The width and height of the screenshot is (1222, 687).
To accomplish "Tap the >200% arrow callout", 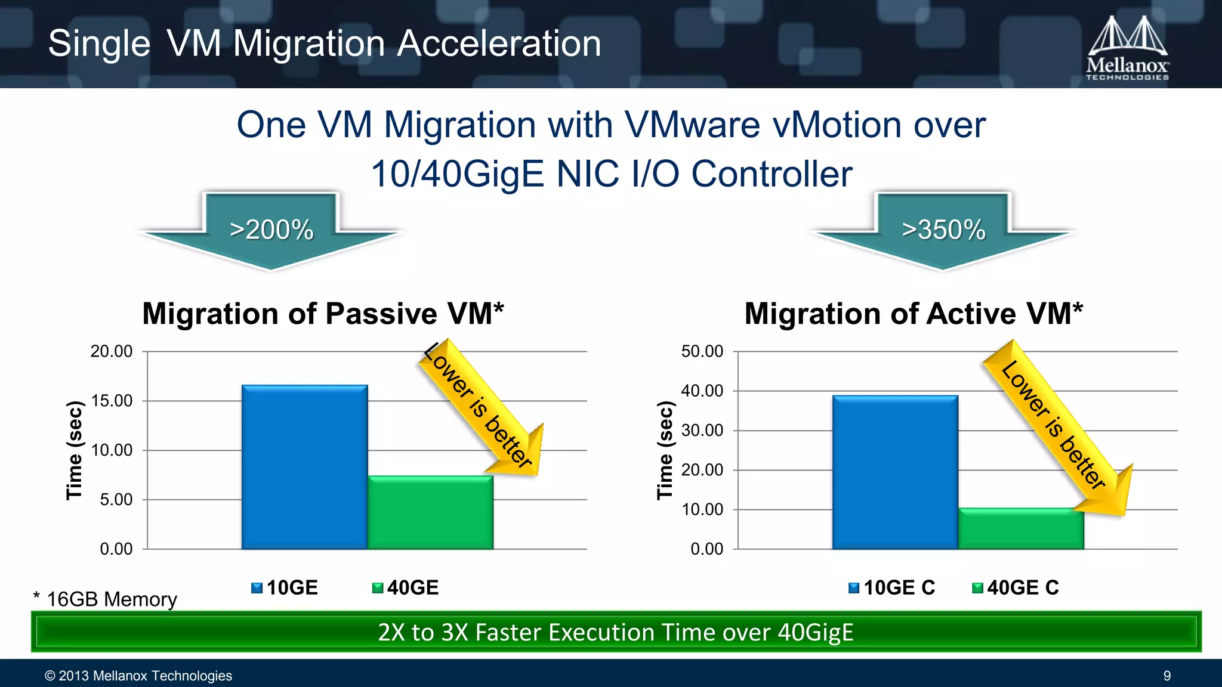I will click(271, 230).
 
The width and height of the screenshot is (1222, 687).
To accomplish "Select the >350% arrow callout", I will click(943, 230).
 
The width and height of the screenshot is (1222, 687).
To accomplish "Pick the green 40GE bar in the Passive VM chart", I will click(430, 512).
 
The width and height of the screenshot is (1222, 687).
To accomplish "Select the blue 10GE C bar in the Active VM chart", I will click(895, 472).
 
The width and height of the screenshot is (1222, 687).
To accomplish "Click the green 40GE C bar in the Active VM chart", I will click(1020, 528).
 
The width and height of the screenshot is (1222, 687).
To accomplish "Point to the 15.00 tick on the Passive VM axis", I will click(112, 401).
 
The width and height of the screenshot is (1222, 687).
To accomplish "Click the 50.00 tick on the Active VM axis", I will click(702, 351).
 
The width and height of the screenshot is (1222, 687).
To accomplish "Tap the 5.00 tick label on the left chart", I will click(116, 500).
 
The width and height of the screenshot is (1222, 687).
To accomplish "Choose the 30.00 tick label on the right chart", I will click(702, 431).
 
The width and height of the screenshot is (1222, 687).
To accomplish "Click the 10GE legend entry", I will click(285, 588).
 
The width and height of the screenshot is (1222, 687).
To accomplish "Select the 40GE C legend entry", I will click(1016, 588).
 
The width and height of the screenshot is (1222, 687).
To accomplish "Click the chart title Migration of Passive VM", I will click(323, 314).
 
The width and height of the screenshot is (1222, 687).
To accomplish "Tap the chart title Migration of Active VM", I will click(914, 314).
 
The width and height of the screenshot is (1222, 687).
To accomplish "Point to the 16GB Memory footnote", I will click(106, 599).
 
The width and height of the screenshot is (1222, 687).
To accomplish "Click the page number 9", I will click(1167, 676).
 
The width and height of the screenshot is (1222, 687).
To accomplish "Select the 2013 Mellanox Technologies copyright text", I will click(138, 676).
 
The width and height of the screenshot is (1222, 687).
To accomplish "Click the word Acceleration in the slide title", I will click(499, 44).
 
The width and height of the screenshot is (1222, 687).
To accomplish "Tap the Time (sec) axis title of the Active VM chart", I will click(665, 450).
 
